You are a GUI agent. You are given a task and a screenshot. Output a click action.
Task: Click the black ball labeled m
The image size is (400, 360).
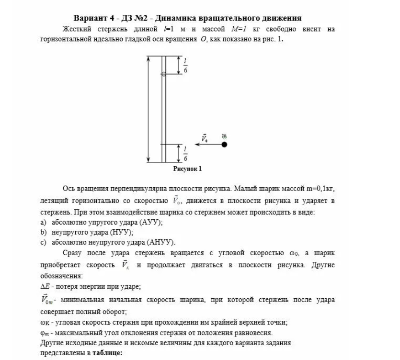point(224,144)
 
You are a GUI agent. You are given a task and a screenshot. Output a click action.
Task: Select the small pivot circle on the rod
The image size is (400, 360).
point(164,74)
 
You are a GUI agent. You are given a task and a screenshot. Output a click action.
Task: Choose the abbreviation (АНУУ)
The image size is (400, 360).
point(163,242)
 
